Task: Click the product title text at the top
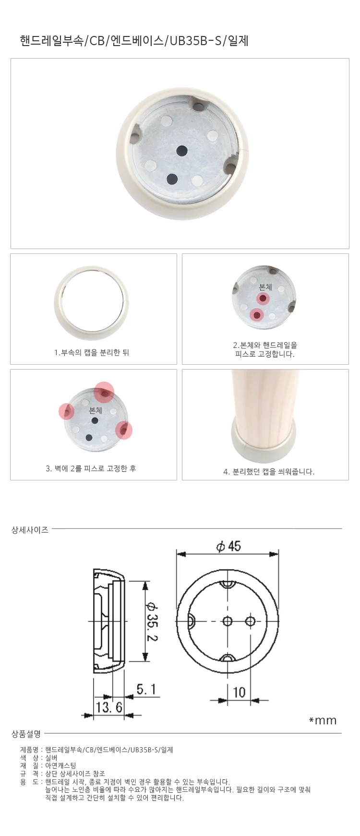134,41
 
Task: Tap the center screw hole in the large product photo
182,150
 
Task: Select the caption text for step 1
92,353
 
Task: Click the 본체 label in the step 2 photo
265,287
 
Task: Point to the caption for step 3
91,468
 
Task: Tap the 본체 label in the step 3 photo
96,410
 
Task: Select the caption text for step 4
269,472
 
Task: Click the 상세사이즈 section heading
30,530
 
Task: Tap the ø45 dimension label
228,546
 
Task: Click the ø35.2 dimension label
152,621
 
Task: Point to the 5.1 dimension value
146,690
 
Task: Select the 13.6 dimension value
109,707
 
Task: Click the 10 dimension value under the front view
239,692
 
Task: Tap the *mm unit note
323,720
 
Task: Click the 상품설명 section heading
26,734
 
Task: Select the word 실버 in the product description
51,758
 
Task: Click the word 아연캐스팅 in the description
60,766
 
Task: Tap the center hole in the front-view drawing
228,621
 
